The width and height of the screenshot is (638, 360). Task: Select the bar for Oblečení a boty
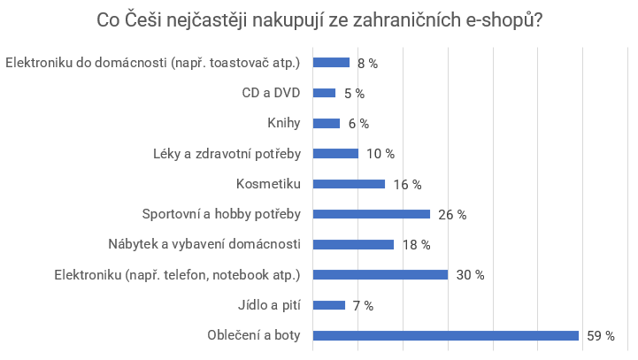click(x=446, y=335)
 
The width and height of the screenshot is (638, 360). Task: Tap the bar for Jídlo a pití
click(x=329, y=305)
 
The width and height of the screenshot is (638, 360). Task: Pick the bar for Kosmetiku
click(x=350, y=184)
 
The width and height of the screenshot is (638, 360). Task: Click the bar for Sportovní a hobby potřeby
click(x=372, y=214)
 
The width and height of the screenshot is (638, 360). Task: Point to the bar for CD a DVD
click(x=325, y=93)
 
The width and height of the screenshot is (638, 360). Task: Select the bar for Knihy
click(x=327, y=123)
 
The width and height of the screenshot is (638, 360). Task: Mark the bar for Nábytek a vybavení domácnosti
click(x=354, y=244)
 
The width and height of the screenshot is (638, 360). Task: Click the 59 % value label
click(x=601, y=335)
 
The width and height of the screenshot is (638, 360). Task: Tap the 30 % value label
click(x=470, y=275)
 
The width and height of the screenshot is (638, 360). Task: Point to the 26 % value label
click(x=452, y=214)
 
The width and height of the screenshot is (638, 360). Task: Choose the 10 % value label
click(x=380, y=154)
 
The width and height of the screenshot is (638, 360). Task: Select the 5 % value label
click(x=354, y=93)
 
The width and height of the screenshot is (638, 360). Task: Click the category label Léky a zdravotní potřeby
click(x=227, y=154)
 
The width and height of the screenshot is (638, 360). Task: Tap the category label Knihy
click(x=284, y=123)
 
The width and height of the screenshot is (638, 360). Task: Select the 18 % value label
click(x=416, y=244)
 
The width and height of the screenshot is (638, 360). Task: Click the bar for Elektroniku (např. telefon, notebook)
click(x=380, y=275)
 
